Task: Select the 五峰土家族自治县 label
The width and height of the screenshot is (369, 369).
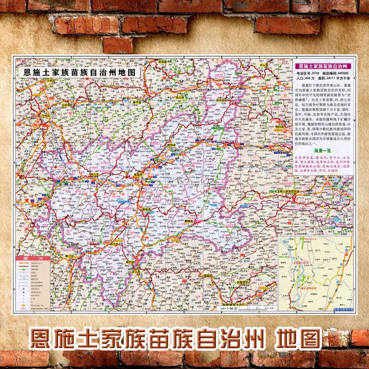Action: click(x=286, y=190)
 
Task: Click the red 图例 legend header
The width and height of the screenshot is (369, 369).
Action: click(x=34, y=259)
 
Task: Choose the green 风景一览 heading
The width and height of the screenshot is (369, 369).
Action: click(x=322, y=151)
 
